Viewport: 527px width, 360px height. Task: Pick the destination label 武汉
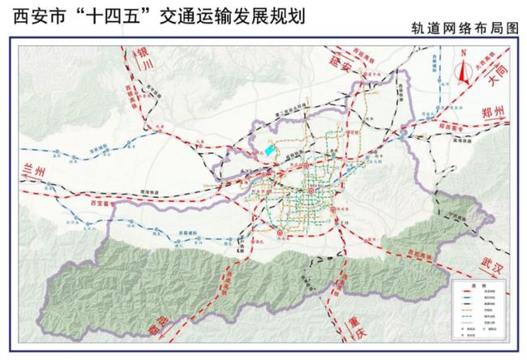pyautogui.click(x=491, y=264)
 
